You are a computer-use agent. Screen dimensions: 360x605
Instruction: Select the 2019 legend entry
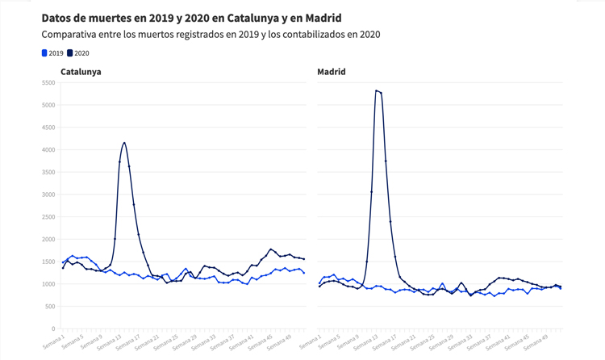click(x=52, y=53)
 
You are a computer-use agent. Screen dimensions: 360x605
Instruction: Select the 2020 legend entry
click(x=78, y=53)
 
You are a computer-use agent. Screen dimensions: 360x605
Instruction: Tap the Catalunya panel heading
click(x=81, y=72)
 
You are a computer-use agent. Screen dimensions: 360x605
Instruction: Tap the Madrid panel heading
click(x=331, y=72)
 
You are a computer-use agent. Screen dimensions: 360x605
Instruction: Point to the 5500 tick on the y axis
click(x=48, y=82)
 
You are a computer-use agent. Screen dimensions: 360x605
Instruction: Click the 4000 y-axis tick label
click(x=48, y=149)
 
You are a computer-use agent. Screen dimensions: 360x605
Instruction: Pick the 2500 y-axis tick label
click(x=48, y=217)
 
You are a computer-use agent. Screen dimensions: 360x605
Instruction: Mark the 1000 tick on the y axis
click(x=48, y=284)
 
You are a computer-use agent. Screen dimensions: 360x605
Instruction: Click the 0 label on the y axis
click(x=52, y=329)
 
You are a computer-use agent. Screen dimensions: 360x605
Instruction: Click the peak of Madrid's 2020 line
click(x=377, y=90)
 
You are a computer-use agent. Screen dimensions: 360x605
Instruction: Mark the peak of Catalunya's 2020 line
click(x=124, y=143)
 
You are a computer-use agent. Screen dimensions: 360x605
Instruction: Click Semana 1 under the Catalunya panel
click(x=54, y=342)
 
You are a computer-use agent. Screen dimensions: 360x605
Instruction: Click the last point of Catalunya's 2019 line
click(x=304, y=273)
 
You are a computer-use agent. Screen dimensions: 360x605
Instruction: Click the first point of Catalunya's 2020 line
click(x=63, y=268)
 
